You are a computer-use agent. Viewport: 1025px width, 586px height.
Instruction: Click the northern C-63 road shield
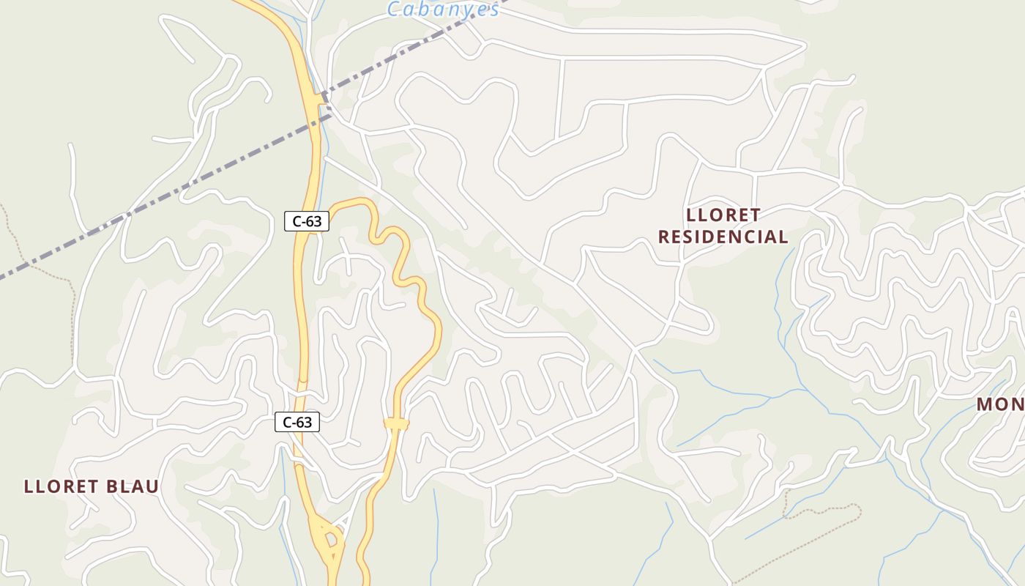click(x=307, y=220)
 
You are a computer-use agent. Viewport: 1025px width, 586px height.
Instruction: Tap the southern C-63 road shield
click(x=297, y=422)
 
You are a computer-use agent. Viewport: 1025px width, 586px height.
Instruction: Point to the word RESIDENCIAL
click(x=723, y=237)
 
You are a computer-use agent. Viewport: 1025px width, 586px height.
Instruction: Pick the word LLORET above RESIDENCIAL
click(x=723, y=215)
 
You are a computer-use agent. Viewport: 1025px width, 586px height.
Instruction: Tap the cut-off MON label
click(x=1000, y=404)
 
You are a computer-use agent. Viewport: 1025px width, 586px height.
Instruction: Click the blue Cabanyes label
click(x=444, y=10)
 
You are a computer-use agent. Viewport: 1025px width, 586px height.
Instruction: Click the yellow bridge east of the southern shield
click(x=396, y=423)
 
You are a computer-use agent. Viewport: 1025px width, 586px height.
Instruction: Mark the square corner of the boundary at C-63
click(x=323, y=96)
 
